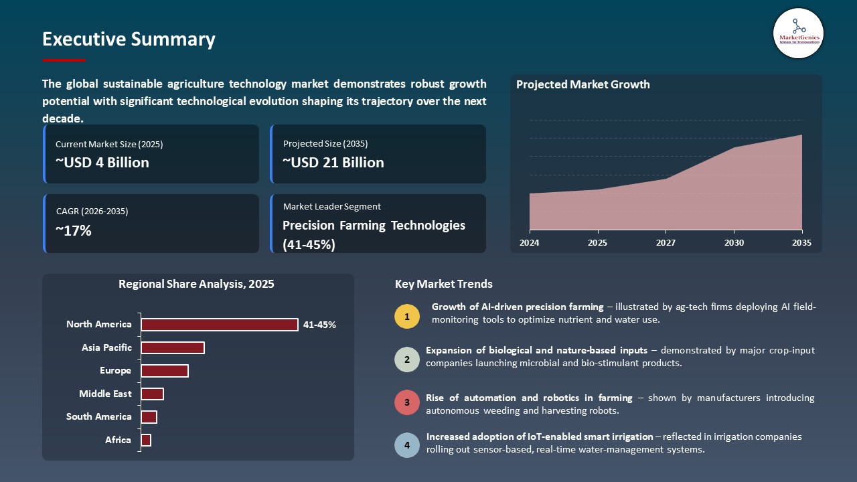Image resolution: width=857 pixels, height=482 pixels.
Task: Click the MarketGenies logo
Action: point(798,33)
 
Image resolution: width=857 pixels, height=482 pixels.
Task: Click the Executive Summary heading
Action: point(129,39)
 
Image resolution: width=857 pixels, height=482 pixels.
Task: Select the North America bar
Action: point(219,325)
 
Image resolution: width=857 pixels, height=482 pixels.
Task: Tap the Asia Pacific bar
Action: point(172,347)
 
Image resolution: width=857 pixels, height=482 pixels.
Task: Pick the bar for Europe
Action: point(164,371)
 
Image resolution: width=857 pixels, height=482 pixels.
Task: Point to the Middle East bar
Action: point(152,394)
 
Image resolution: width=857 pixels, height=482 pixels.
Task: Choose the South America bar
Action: point(149,417)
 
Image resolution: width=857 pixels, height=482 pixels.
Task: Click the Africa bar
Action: point(146,440)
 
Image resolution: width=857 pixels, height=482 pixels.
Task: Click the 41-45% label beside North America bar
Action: point(319,325)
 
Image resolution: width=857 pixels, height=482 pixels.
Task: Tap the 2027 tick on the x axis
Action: point(666,243)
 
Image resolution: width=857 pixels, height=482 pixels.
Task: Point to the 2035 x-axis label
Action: point(801,243)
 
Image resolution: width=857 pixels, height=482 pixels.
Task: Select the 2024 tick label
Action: point(529,243)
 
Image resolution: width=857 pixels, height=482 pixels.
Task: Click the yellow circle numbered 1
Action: point(407,316)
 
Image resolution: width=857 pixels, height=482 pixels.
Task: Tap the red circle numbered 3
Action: point(407,403)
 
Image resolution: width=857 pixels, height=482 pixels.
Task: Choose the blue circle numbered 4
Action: point(407,445)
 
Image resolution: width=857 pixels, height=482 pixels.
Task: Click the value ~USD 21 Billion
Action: point(333,163)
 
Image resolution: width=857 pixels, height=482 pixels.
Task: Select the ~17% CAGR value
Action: point(74,231)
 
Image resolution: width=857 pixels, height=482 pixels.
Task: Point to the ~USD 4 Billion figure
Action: point(102,163)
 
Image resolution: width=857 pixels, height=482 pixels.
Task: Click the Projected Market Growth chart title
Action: point(582,84)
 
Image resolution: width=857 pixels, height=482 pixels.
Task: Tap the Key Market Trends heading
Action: point(443,284)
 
